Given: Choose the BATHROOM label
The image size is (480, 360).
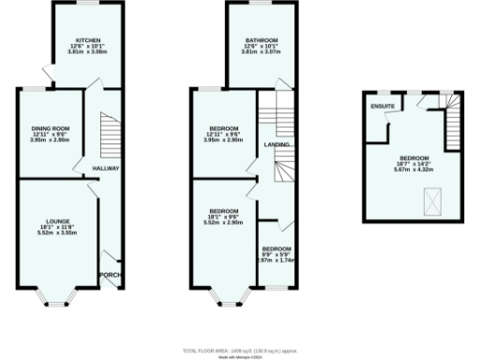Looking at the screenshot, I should pos(261,40).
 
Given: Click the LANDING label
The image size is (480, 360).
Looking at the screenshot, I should pos(277,145).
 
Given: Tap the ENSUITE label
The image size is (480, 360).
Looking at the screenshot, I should pos(382,107).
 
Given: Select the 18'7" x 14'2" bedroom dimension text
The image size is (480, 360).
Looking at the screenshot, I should pos(413,163).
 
